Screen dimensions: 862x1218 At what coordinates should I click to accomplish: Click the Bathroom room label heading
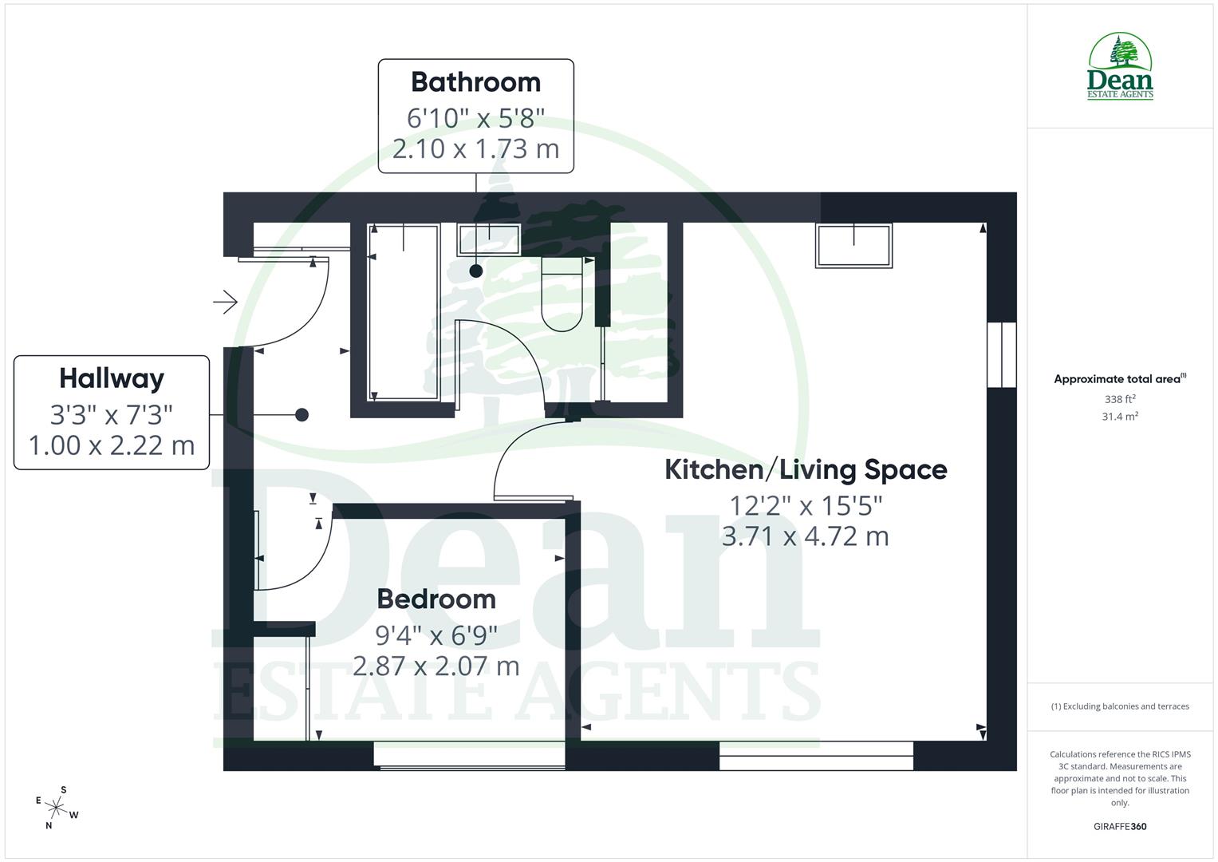pyautogui.click(x=475, y=82)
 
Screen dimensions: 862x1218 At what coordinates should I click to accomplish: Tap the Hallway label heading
pyautogui.click(x=112, y=378)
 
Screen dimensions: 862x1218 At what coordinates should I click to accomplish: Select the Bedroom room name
pyautogui.click(x=436, y=599)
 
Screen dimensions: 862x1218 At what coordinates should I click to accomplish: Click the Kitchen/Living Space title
pyautogui.click(x=806, y=469)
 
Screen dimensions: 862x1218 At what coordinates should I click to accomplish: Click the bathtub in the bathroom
pyautogui.click(x=404, y=311)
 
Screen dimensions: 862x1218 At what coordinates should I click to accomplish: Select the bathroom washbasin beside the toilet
pyautogui.click(x=488, y=239)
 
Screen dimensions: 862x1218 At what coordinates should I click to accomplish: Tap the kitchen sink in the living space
pyautogui.click(x=853, y=245)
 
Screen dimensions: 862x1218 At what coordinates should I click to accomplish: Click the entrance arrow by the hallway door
pyautogui.click(x=226, y=302)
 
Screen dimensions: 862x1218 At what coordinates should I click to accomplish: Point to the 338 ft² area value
pyautogui.click(x=1120, y=399)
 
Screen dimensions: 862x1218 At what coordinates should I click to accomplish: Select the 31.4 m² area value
pyautogui.click(x=1120, y=417)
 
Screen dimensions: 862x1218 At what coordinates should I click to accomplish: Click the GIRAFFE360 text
pyautogui.click(x=1120, y=827)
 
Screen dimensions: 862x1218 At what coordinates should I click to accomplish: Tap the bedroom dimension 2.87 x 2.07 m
pyautogui.click(x=436, y=666)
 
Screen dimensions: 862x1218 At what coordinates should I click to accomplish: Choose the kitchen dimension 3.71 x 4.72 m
pyautogui.click(x=806, y=536)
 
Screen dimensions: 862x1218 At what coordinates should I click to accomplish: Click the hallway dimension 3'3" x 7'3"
pyautogui.click(x=112, y=414)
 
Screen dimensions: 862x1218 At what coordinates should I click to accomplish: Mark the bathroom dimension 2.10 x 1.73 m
pyautogui.click(x=475, y=149)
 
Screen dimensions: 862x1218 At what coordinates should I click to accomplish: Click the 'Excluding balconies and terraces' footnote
pyautogui.click(x=1120, y=706)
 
